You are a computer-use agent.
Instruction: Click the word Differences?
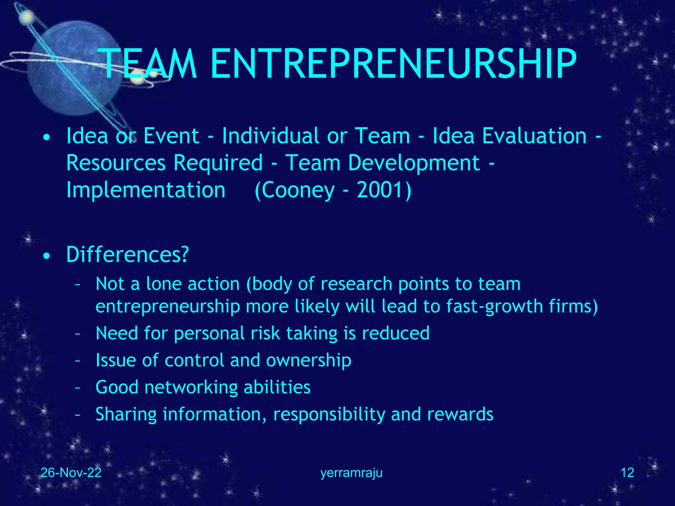point(128,255)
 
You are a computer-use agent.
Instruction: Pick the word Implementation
point(146,190)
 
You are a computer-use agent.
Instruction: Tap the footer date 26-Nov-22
point(71,473)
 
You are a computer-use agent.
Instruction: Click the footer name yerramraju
point(351,473)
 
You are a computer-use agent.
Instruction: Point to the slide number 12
point(627,473)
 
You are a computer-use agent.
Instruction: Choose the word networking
point(191,387)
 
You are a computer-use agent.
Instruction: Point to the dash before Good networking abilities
point(78,387)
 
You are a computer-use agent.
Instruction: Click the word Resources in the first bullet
point(116,163)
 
